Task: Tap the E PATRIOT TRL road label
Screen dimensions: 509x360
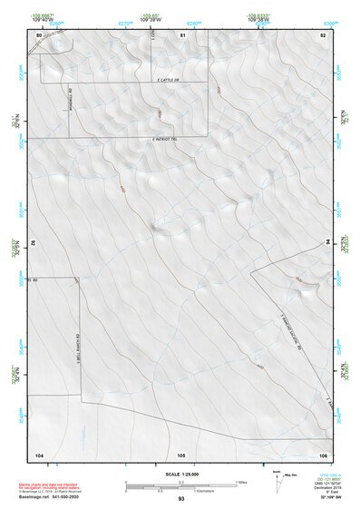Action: coord(169,139)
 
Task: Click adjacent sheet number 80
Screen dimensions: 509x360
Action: coord(38,34)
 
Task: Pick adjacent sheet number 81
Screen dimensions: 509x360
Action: coord(182,34)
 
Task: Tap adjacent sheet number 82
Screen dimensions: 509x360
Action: coord(322,34)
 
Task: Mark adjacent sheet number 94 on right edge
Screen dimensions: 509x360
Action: coord(328,243)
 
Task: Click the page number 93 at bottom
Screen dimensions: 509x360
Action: coord(180,500)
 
